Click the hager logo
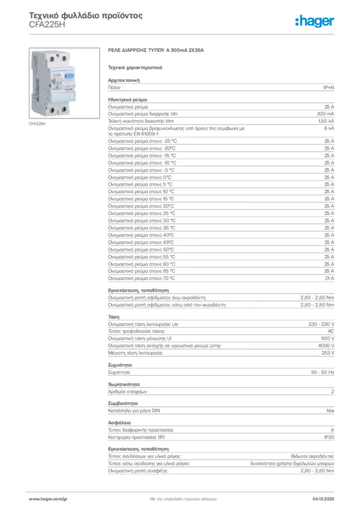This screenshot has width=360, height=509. coord(314,21)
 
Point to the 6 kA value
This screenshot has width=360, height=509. coord(329,128)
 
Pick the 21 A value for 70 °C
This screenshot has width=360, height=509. coord(329,278)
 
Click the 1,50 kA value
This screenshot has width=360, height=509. coord(326,121)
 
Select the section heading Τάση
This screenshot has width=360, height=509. coord(113,317)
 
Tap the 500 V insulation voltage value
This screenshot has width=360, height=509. coord(327,338)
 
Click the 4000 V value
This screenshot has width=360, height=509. coord(326,345)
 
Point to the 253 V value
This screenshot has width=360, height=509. coord(327,352)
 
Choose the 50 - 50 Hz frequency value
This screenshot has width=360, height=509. coord(322,372)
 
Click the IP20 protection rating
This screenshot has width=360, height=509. coord(329,437)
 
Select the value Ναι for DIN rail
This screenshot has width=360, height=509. coord(330,411)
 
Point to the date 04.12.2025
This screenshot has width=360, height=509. coord(323,498)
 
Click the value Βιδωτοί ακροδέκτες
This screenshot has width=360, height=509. coord(312,456)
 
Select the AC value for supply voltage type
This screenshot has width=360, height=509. coord(331,331)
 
